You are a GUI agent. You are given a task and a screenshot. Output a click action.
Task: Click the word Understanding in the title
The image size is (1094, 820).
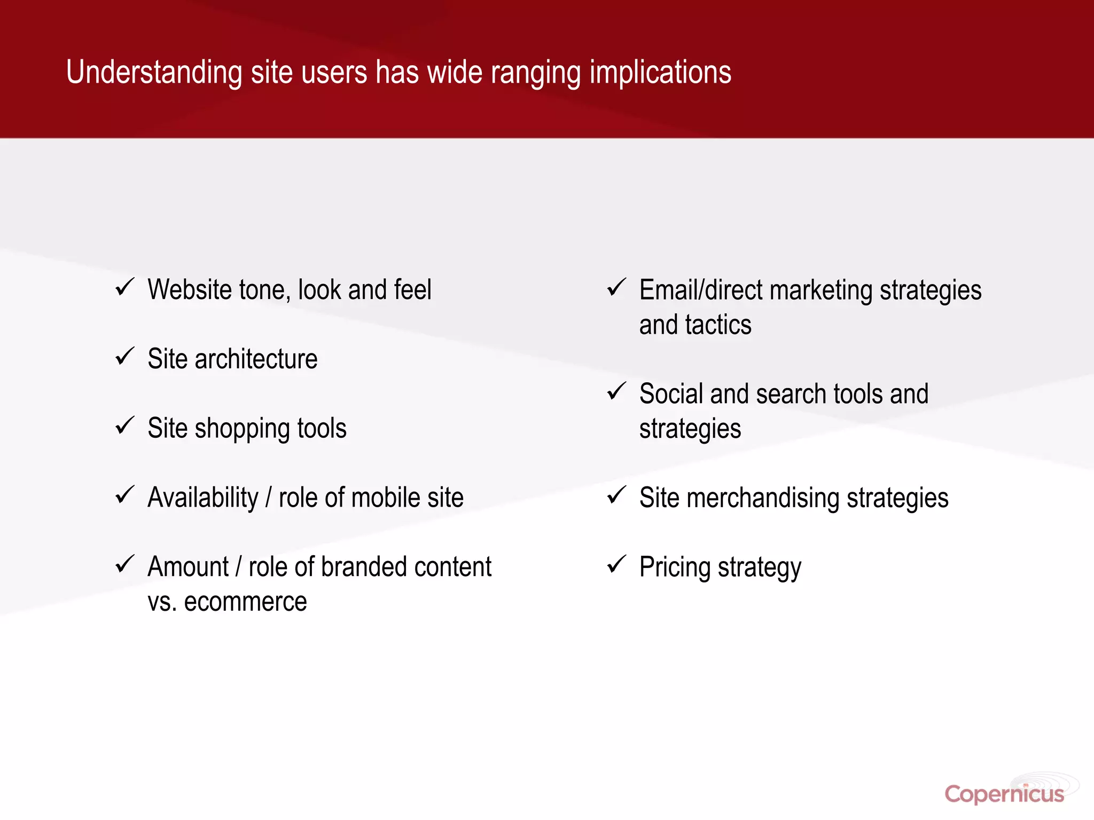click(x=154, y=73)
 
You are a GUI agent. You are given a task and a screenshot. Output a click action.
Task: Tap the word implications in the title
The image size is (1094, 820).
click(x=660, y=73)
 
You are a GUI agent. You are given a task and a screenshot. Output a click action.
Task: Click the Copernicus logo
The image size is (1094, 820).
click(x=1004, y=794)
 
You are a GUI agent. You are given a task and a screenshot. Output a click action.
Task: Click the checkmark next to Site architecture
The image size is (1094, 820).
click(x=124, y=356)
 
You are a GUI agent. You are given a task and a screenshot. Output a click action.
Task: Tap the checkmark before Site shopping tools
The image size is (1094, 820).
click(x=124, y=425)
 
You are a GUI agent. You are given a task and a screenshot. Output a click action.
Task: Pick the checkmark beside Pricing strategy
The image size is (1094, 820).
click(x=616, y=564)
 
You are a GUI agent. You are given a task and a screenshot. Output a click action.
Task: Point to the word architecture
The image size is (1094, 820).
click(x=256, y=359)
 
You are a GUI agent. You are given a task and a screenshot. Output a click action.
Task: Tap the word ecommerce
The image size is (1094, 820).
click(x=245, y=602)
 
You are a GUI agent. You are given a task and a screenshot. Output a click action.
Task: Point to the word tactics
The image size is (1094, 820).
click(x=718, y=325)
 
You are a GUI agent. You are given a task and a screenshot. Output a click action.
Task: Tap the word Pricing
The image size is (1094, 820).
click(x=675, y=567)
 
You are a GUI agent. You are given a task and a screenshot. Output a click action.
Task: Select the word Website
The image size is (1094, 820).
click(x=190, y=290)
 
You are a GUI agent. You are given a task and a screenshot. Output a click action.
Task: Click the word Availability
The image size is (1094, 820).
click(x=203, y=498)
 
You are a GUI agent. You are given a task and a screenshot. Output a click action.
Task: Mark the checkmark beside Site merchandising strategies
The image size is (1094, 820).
click(x=616, y=495)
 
